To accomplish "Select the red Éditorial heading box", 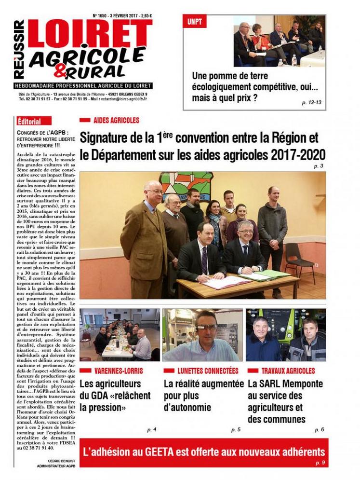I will pyautogui.click(x=28, y=121).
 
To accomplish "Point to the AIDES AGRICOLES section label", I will pyautogui.click(x=116, y=120).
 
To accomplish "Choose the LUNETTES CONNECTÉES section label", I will pyautogui.click(x=207, y=370).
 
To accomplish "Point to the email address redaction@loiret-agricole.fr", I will pyautogui.click(x=122, y=98).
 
